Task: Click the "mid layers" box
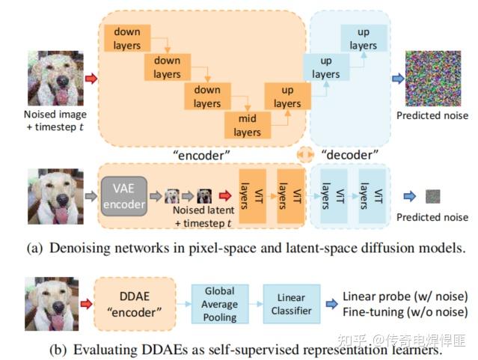tap(247, 125)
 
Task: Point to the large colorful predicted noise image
tap(433, 77)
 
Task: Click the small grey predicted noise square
tap(432, 196)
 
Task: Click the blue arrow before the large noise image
tap(398, 78)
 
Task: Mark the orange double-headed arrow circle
tap(305, 155)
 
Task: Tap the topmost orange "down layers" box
tap(128, 38)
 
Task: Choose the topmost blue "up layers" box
tap(364, 39)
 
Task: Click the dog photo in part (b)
tap(53, 303)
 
